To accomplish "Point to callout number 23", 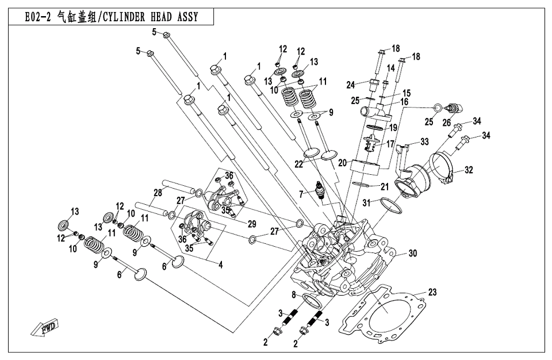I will point(432,292).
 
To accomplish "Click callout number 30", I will point(412,253).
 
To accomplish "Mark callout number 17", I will point(390,144).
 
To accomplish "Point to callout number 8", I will point(294,296).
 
